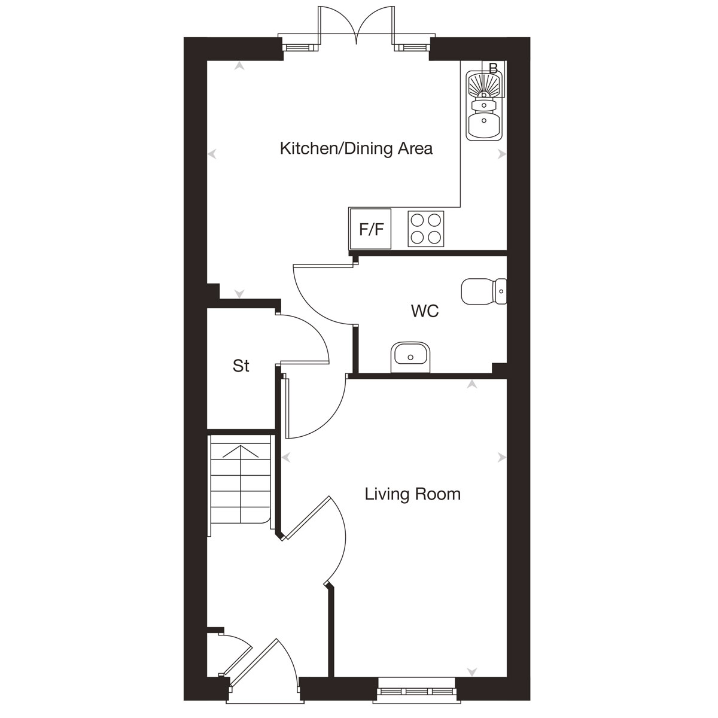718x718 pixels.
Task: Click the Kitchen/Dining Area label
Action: point(356,148)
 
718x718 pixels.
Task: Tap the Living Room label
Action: point(413,494)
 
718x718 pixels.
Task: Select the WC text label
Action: point(425,311)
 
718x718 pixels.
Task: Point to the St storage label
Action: point(241,366)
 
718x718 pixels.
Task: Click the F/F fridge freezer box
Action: point(371,229)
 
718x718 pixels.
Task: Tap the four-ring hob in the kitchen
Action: point(426,229)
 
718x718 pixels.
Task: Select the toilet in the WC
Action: point(483,291)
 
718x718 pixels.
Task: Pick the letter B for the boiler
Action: point(493,68)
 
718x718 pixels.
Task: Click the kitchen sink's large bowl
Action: point(485,126)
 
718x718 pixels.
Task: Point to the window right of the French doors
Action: point(412,46)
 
